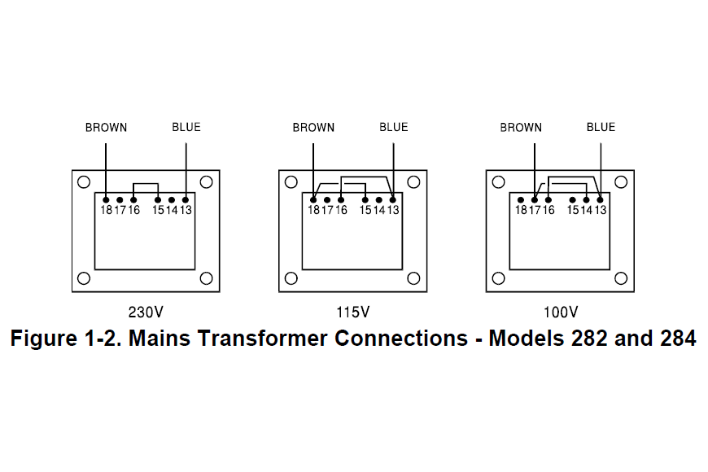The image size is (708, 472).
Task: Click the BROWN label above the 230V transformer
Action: pos(106,127)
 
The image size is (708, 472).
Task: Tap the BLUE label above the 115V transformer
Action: pos(394,127)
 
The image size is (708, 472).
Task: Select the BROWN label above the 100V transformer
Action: pos(521,127)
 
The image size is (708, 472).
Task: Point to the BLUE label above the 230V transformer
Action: pos(186,127)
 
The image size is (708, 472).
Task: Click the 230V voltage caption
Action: pos(146,312)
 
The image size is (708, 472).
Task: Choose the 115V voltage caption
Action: pos(353,312)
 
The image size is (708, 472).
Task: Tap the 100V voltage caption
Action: pos(561,312)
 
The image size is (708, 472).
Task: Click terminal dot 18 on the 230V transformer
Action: pos(106,199)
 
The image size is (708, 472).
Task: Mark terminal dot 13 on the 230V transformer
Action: pos(186,199)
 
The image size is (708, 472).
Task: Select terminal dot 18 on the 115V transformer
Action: pos(313,199)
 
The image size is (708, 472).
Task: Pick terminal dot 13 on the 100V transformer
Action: pos(601,199)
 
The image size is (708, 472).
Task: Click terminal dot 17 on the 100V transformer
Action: pos(535,199)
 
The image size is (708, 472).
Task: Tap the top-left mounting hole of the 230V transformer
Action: pos(83,181)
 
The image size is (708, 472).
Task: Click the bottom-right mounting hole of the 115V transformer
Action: pos(415,279)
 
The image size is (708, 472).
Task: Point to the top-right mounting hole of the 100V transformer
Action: pos(622,181)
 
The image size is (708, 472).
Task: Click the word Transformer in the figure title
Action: pos(259,339)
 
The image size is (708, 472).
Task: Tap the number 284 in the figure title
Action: pos(671,339)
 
